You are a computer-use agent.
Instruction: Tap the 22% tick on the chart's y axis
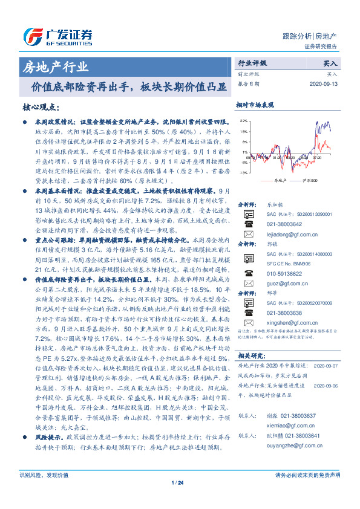243,121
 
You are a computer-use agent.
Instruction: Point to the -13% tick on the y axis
243,172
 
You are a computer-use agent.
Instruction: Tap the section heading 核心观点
41,107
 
